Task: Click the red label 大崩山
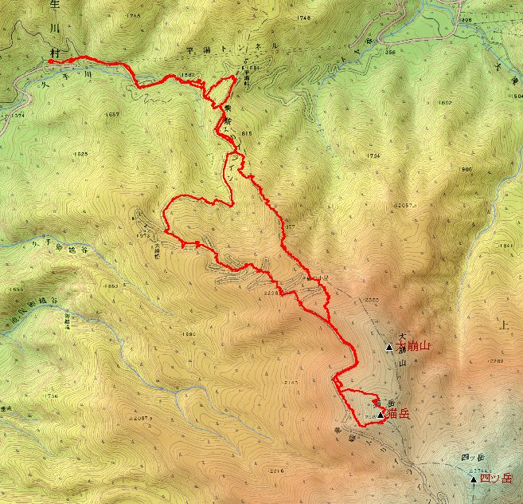pos(413,346)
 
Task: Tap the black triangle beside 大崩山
pos(389,347)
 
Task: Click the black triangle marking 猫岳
pos(381,415)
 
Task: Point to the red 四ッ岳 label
pos(497,478)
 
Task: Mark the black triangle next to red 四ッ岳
pos(474,479)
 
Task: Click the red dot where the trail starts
pos(51,61)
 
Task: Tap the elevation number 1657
pos(111,115)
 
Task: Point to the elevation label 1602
pos(445,103)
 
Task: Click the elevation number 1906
pos(466,169)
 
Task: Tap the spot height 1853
pos(111,285)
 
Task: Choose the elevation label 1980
pos(188,334)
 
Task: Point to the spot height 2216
pos(276,471)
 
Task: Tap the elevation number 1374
pos(13,115)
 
